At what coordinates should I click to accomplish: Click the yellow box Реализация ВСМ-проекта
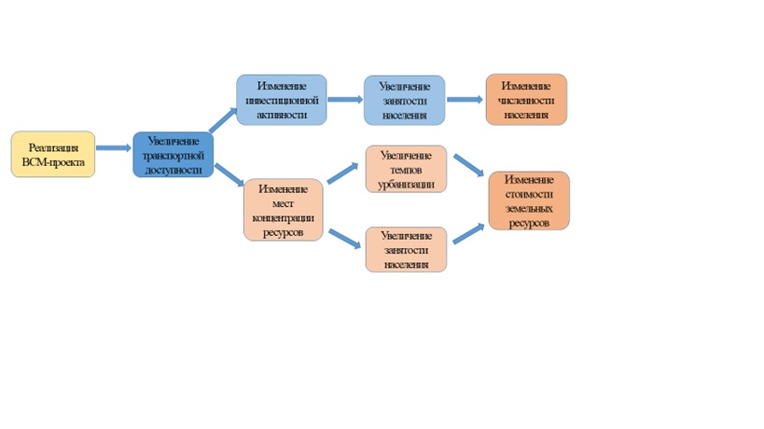(x=53, y=154)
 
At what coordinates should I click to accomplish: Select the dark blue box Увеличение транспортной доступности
(x=174, y=155)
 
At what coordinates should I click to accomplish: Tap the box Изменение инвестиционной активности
(x=281, y=99)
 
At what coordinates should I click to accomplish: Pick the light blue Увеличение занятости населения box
(x=404, y=100)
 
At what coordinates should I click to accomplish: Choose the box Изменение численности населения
(x=526, y=99)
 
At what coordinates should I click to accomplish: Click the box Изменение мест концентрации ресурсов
(x=283, y=209)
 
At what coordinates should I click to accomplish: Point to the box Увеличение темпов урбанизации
(x=406, y=169)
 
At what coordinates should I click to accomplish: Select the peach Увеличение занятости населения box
(x=406, y=249)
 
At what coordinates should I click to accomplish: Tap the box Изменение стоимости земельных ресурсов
(x=529, y=201)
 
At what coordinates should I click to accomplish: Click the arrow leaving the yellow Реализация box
(x=113, y=147)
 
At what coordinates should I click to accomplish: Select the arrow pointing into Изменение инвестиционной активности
(x=224, y=118)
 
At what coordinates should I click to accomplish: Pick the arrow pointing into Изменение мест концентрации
(x=229, y=173)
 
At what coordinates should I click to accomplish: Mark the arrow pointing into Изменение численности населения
(x=465, y=99)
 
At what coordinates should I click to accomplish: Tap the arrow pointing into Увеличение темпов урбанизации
(x=343, y=173)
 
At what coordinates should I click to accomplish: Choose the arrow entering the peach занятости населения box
(x=343, y=237)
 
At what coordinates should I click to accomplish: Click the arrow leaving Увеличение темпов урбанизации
(x=468, y=164)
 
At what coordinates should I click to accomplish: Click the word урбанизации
(x=406, y=185)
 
